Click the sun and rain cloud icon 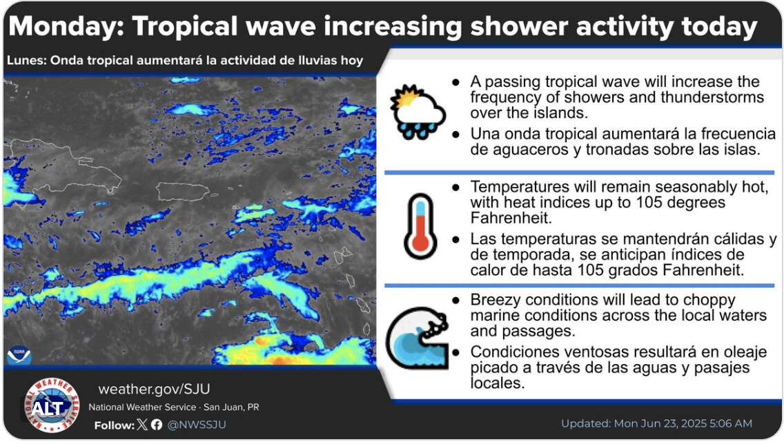pos(418,112)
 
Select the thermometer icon pos(420,225)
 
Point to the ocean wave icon pos(418,338)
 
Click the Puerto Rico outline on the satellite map pos(183,191)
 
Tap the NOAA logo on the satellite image pos(19,354)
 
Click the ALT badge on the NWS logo pos(48,409)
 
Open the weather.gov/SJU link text pos(154,389)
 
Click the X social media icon pos(142,425)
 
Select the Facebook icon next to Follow pos(157,425)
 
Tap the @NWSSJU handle pos(197,425)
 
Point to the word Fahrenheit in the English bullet pos(511,219)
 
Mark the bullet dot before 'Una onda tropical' pos(455,134)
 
